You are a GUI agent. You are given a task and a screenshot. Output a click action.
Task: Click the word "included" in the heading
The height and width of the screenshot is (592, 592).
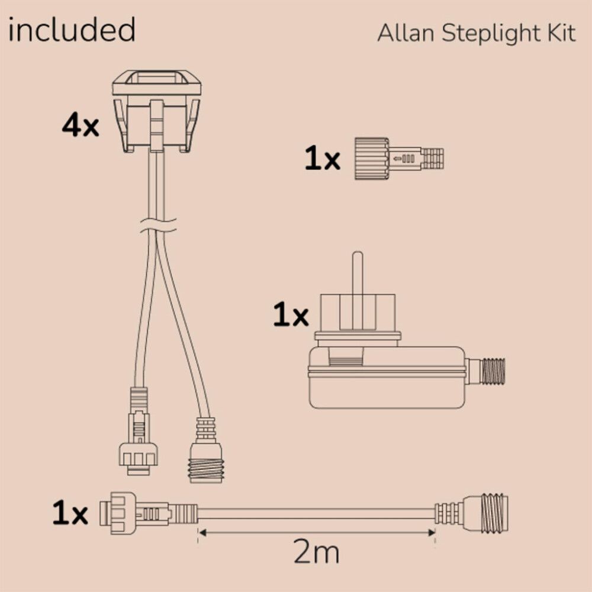tap(72, 31)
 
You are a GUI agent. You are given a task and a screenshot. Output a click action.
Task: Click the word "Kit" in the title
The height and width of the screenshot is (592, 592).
tap(561, 34)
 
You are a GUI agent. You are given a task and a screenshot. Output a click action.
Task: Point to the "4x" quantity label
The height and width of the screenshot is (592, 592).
tap(81, 126)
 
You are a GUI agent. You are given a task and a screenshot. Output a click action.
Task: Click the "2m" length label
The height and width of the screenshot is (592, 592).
tap(317, 554)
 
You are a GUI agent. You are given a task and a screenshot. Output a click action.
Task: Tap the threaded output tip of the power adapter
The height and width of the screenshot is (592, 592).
tap(492, 371)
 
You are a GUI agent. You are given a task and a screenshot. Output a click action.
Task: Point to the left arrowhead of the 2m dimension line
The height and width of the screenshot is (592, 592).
tap(201, 532)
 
